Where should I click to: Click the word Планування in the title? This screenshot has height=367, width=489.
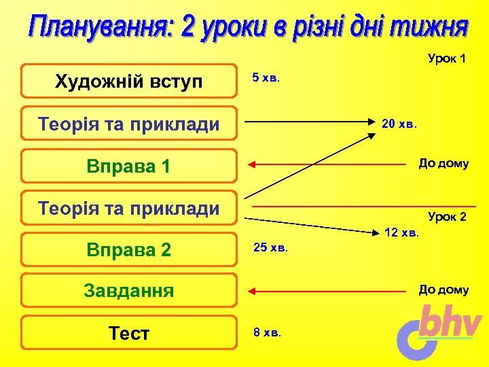click(99, 29)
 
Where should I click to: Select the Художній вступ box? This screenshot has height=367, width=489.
click(129, 82)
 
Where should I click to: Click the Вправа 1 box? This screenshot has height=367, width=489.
click(129, 167)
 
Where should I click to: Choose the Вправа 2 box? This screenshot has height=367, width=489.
click(129, 249)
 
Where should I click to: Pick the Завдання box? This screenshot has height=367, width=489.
click(129, 291)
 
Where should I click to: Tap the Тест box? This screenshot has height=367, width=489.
click(129, 333)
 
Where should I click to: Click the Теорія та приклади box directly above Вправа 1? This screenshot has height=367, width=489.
click(129, 124)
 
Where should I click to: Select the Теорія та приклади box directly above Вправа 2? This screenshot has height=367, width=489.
click(129, 208)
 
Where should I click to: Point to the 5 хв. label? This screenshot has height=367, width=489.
click(266, 78)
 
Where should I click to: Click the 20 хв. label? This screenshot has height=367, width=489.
click(399, 124)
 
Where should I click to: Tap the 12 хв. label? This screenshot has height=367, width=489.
click(402, 233)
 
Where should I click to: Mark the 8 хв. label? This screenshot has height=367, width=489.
click(267, 332)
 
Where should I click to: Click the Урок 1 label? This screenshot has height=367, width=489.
click(446, 58)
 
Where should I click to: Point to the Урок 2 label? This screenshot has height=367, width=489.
click(447, 217)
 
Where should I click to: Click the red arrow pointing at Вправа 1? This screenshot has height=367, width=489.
click(326, 164)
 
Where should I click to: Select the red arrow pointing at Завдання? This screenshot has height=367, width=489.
click(326, 290)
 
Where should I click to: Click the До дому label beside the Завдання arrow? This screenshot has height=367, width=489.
click(443, 290)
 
